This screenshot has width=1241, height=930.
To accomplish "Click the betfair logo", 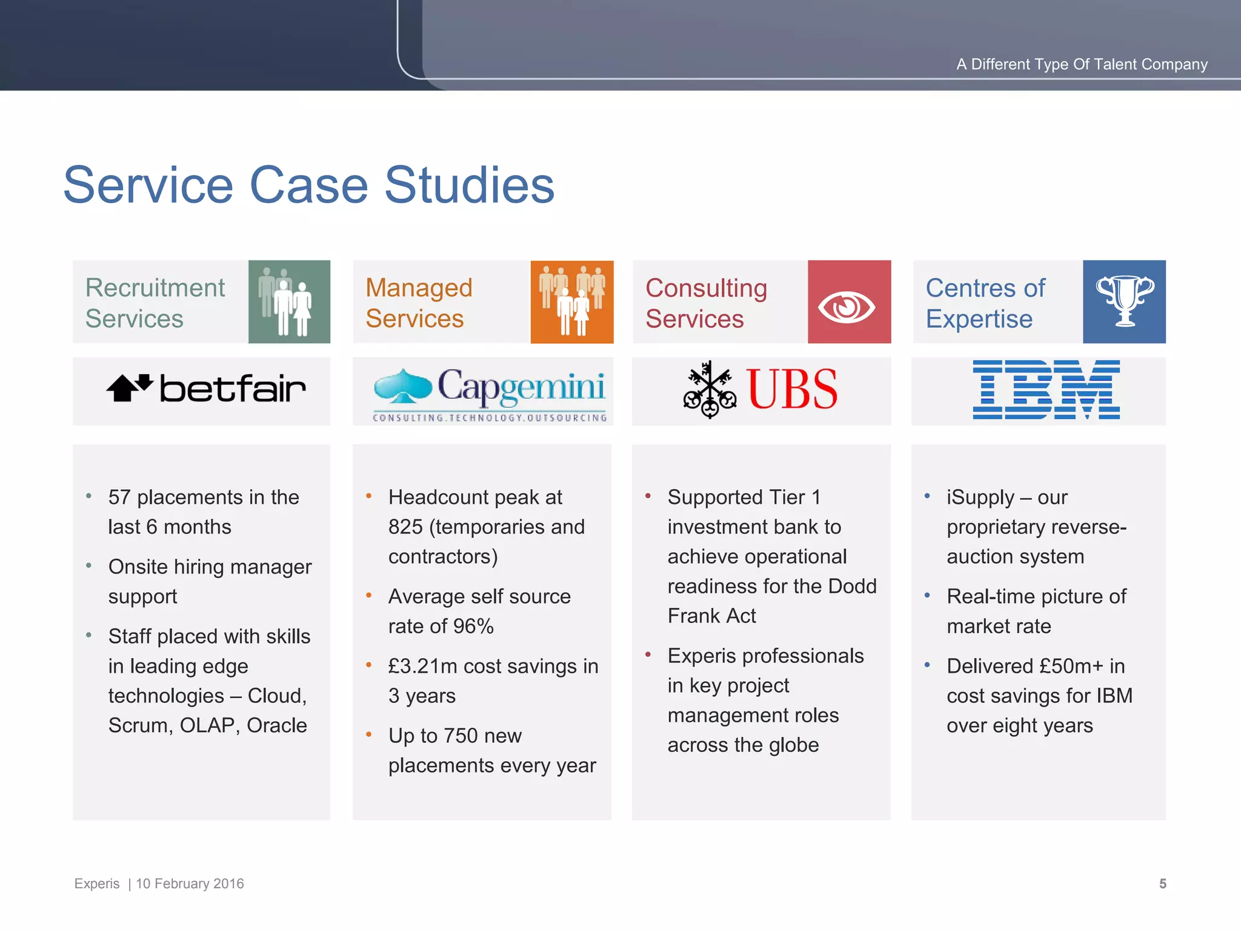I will [x=206, y=388].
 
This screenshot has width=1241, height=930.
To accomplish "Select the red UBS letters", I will [x=793, y=389].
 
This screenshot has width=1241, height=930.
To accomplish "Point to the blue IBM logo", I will [x=1046, y=389].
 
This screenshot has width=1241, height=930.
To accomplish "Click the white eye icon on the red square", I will [x=847, y=308].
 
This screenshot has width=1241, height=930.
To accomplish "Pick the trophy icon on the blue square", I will [x=1125, y=301].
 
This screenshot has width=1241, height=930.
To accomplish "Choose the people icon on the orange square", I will [x=572, y=301].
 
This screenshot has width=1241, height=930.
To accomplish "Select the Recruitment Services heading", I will [x=155, y=303].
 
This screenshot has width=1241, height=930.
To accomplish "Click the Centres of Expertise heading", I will [x=985, y=303].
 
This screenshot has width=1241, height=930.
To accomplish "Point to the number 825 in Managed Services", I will [x=405, y=527].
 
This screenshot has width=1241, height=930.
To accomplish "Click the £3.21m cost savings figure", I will [x=422, y=666].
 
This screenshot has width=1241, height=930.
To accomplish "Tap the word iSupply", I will [x=980, y=497].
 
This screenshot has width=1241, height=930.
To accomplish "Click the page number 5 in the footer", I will [x=1162, y=883].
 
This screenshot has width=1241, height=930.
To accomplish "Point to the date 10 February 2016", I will [x=190, y=883].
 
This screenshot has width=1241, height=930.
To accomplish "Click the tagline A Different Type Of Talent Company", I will [x=1082, y=64].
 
